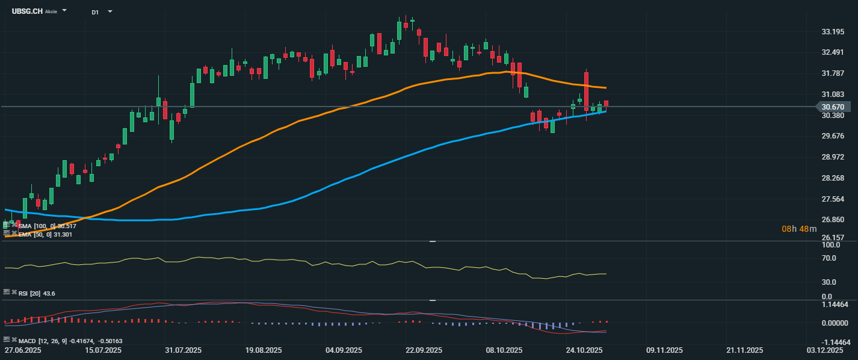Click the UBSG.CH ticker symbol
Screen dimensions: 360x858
point(26,11)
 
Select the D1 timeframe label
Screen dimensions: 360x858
point(96,12)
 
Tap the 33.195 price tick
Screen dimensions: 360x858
point(833,32)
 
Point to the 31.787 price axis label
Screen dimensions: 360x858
point(833,73)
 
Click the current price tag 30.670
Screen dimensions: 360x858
point(833,107)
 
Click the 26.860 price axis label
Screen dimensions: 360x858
point(833,220)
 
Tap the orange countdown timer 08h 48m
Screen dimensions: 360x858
point(799,229)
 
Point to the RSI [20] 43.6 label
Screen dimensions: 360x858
point(37,293)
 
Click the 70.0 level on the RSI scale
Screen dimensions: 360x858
point(830,258)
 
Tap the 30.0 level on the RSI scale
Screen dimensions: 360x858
point(830,282)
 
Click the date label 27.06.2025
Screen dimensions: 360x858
point(23,350)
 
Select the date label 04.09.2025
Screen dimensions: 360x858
point(344,350)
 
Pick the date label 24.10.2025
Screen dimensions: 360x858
point(584,350)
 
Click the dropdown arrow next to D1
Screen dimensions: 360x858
point(110,11)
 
